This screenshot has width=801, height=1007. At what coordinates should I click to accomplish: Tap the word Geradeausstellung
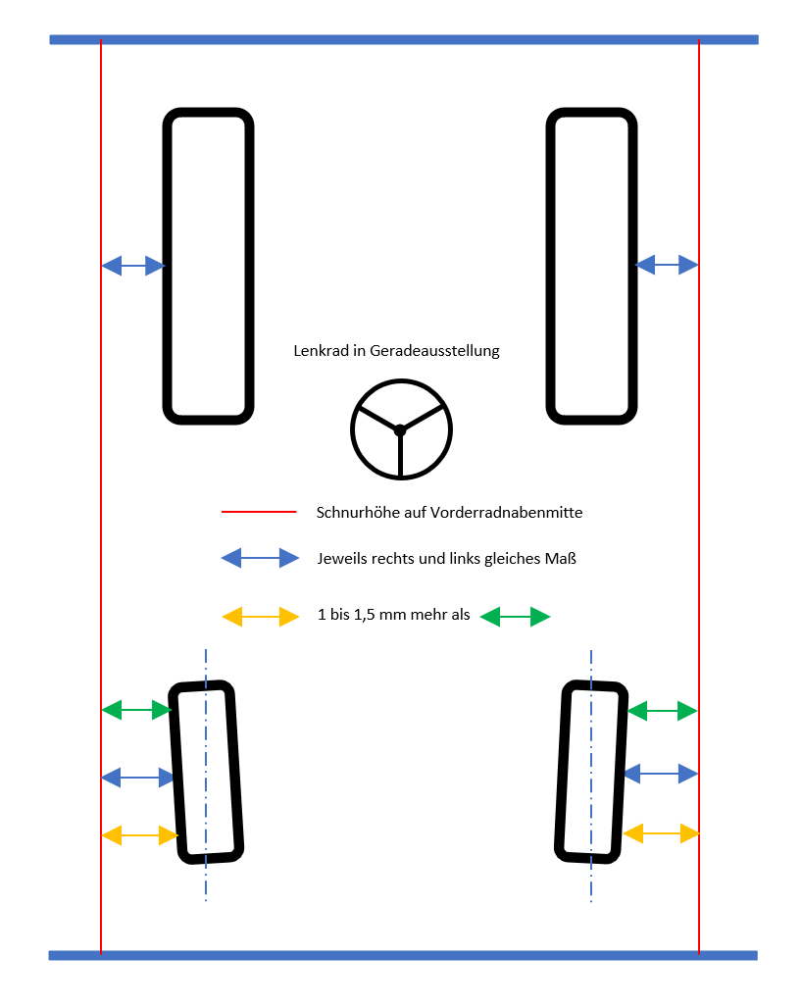pos(435,351)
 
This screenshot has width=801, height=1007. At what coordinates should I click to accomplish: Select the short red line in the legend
pos(259,512)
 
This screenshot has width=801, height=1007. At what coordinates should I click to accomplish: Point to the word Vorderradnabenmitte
pos(506,513)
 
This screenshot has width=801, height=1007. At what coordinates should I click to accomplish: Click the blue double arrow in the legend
pos(260,558)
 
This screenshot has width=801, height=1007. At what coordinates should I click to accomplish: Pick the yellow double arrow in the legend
pos(260,617)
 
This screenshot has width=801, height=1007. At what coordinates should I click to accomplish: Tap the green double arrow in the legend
pos(515,617)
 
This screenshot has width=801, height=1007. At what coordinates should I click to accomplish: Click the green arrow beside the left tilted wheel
pos(137,710)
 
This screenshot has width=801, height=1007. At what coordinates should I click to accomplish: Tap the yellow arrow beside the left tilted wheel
pos(140,835)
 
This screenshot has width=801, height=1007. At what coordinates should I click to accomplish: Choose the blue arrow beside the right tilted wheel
pos(661,774)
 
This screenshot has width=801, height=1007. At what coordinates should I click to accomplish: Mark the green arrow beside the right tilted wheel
pos(662,711)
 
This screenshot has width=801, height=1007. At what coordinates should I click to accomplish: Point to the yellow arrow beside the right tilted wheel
pos(661,833)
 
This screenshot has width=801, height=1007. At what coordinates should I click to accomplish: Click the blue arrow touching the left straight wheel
pos(133,266)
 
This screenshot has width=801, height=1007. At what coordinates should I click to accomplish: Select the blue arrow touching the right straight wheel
pos(667,265)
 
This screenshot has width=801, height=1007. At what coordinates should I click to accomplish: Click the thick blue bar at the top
pos(404,40)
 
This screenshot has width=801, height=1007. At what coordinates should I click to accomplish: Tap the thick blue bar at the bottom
pos(403,956)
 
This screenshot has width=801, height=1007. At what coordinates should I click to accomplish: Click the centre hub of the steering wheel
pos(400,430)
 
